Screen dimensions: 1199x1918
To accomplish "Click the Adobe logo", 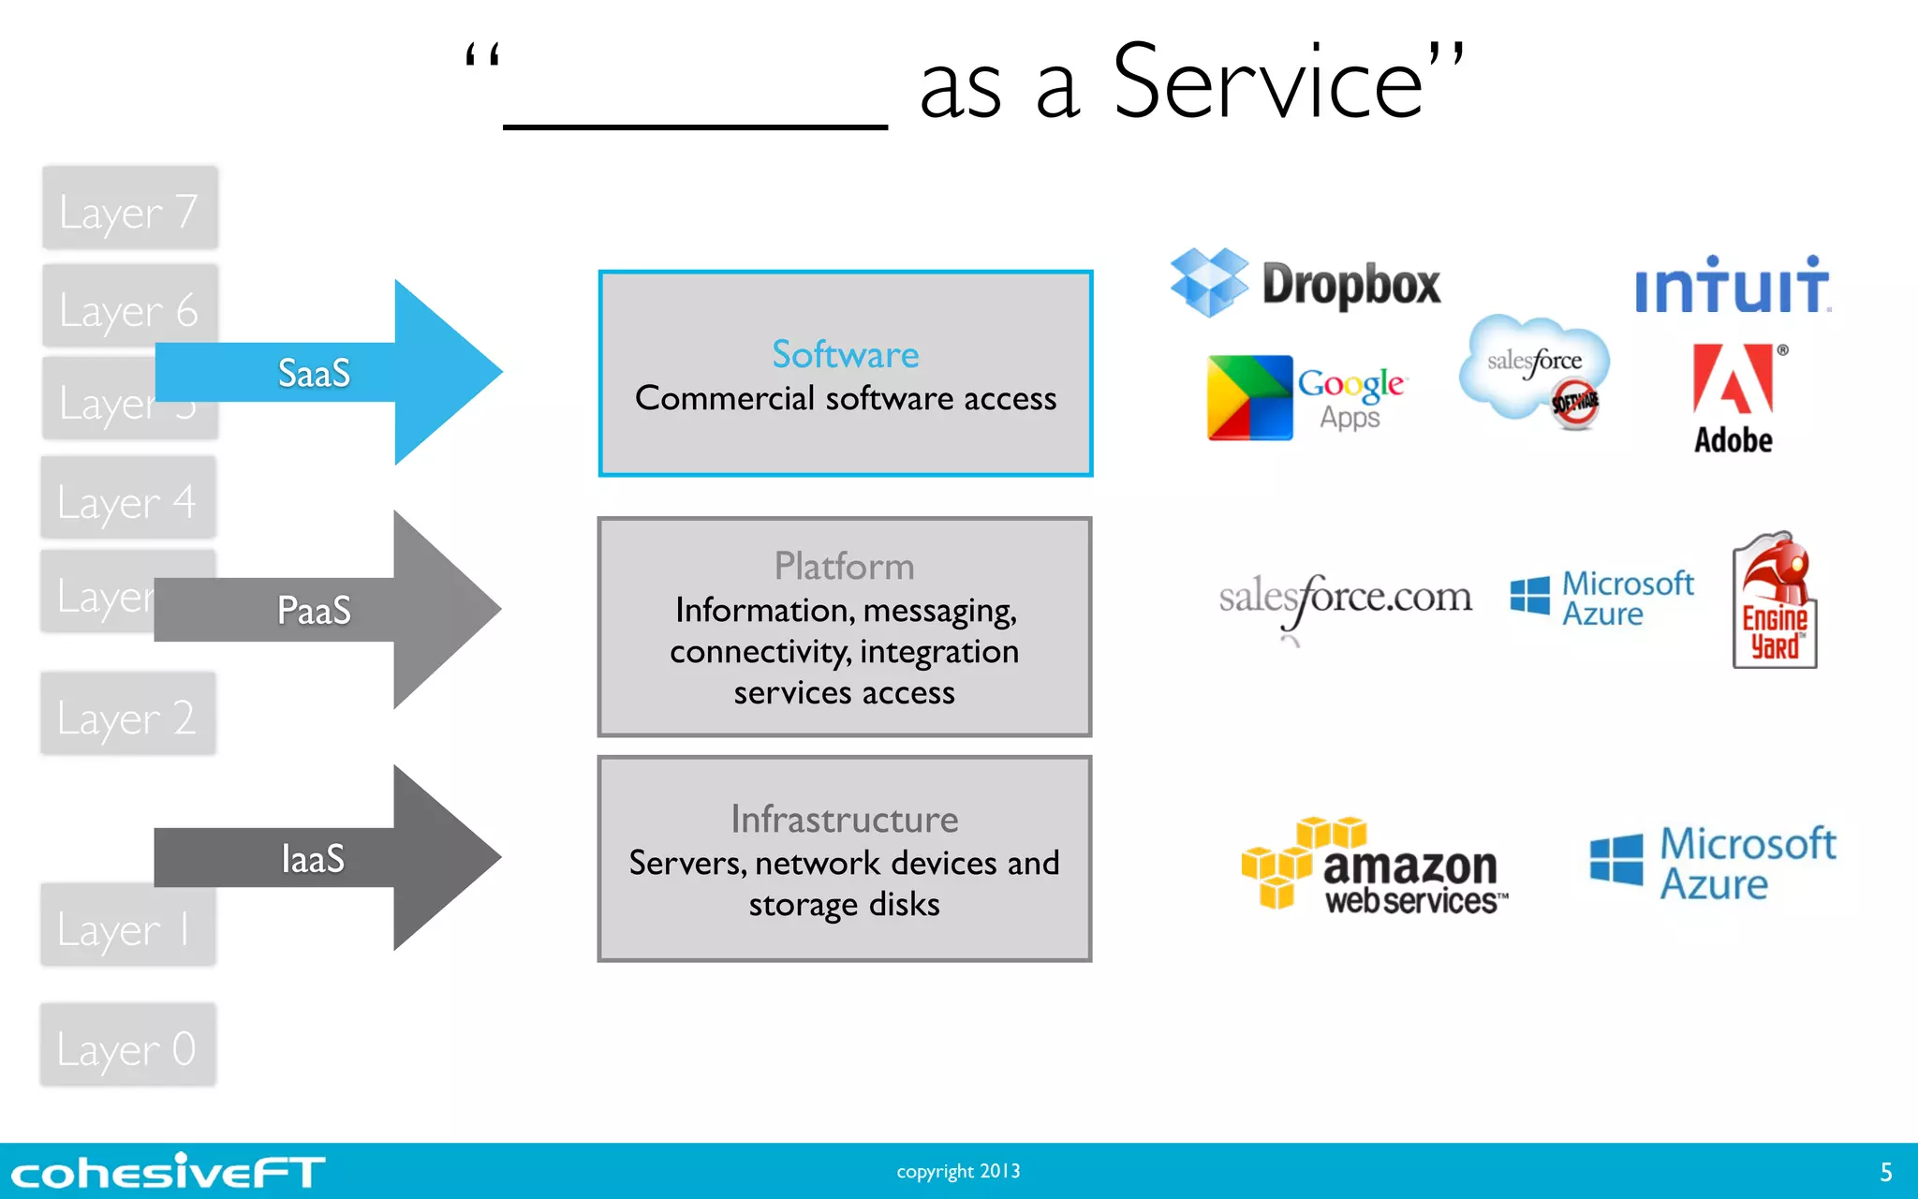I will point(1733,399).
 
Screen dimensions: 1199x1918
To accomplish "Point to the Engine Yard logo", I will point(1774,599).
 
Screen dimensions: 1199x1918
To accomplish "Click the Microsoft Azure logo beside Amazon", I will point(1713,863).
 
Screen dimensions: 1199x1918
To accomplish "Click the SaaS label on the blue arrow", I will point(314,373).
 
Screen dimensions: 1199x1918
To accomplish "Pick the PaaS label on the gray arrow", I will point(314,611).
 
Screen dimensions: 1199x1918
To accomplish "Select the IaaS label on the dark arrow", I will point(313,859).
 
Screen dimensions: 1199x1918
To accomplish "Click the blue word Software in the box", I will point(845,355).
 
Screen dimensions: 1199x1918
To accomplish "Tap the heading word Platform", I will point(844,567).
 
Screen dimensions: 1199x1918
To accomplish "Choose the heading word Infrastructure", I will point(844,820).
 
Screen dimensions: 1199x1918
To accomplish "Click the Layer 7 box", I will point(129,210).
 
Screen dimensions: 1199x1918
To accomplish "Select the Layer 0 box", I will point(127,1046).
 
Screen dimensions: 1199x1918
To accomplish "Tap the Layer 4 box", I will point(127,499).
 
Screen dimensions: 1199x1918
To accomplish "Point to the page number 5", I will point(1885,1172).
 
